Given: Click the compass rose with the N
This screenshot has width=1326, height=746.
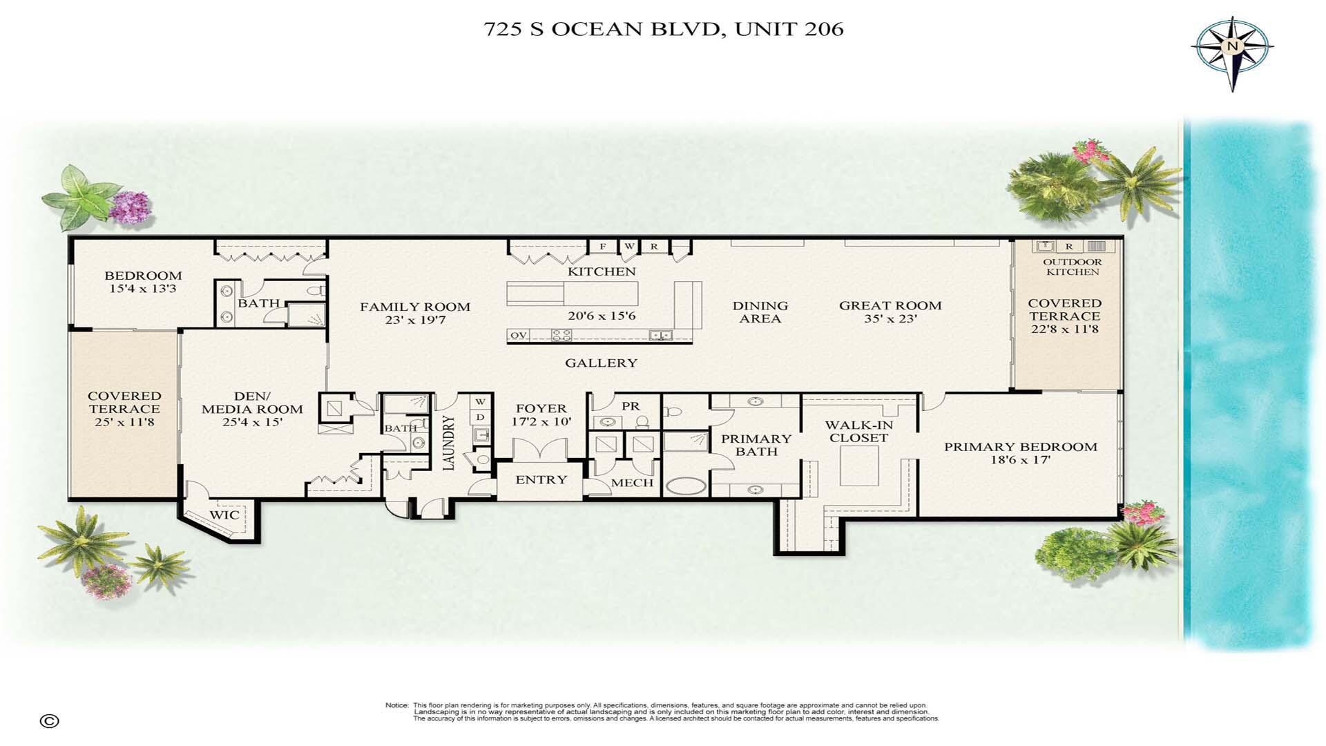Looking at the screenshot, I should click(1232, 48).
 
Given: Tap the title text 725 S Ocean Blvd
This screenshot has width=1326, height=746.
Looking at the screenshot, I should click(663, 29).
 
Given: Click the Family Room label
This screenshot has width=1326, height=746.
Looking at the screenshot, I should click(415, 307).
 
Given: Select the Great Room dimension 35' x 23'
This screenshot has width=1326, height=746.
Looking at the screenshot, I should click(890, 319).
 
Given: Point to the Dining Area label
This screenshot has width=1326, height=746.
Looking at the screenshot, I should click(760, 312).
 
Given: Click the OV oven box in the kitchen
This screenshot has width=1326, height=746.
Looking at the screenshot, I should click(518, 336).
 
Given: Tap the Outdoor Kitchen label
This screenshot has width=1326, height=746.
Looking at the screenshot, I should click(1072, 267).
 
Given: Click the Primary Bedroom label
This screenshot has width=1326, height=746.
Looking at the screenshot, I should click(1020, 447).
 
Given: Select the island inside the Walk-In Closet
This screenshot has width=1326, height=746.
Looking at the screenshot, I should click(859, 466).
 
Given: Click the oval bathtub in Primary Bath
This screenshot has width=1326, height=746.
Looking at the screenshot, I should click(685, 486).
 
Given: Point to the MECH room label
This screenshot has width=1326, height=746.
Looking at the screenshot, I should click(632, 483).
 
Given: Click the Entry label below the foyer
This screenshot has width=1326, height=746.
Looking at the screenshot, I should click(541, 479).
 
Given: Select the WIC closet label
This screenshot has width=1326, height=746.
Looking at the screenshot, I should click(224, 515).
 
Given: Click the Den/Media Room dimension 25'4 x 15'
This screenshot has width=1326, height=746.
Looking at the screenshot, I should click(252, 422).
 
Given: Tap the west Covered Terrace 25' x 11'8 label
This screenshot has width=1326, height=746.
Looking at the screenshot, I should click(124, 408).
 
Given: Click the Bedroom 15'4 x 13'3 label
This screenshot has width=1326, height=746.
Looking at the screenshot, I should click(143, 282).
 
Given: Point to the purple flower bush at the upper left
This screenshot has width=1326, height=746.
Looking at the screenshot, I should click(130, 206).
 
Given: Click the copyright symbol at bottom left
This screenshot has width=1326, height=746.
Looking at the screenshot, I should click(50, 721).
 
